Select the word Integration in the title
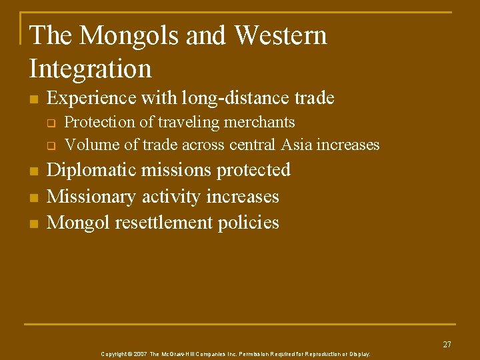(91, 68)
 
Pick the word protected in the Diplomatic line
(254, 170)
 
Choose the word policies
(249, 222)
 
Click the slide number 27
(447, 345)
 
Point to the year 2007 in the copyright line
(140, 354)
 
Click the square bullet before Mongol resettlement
(33, 223)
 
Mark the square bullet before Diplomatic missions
(33, 171)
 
